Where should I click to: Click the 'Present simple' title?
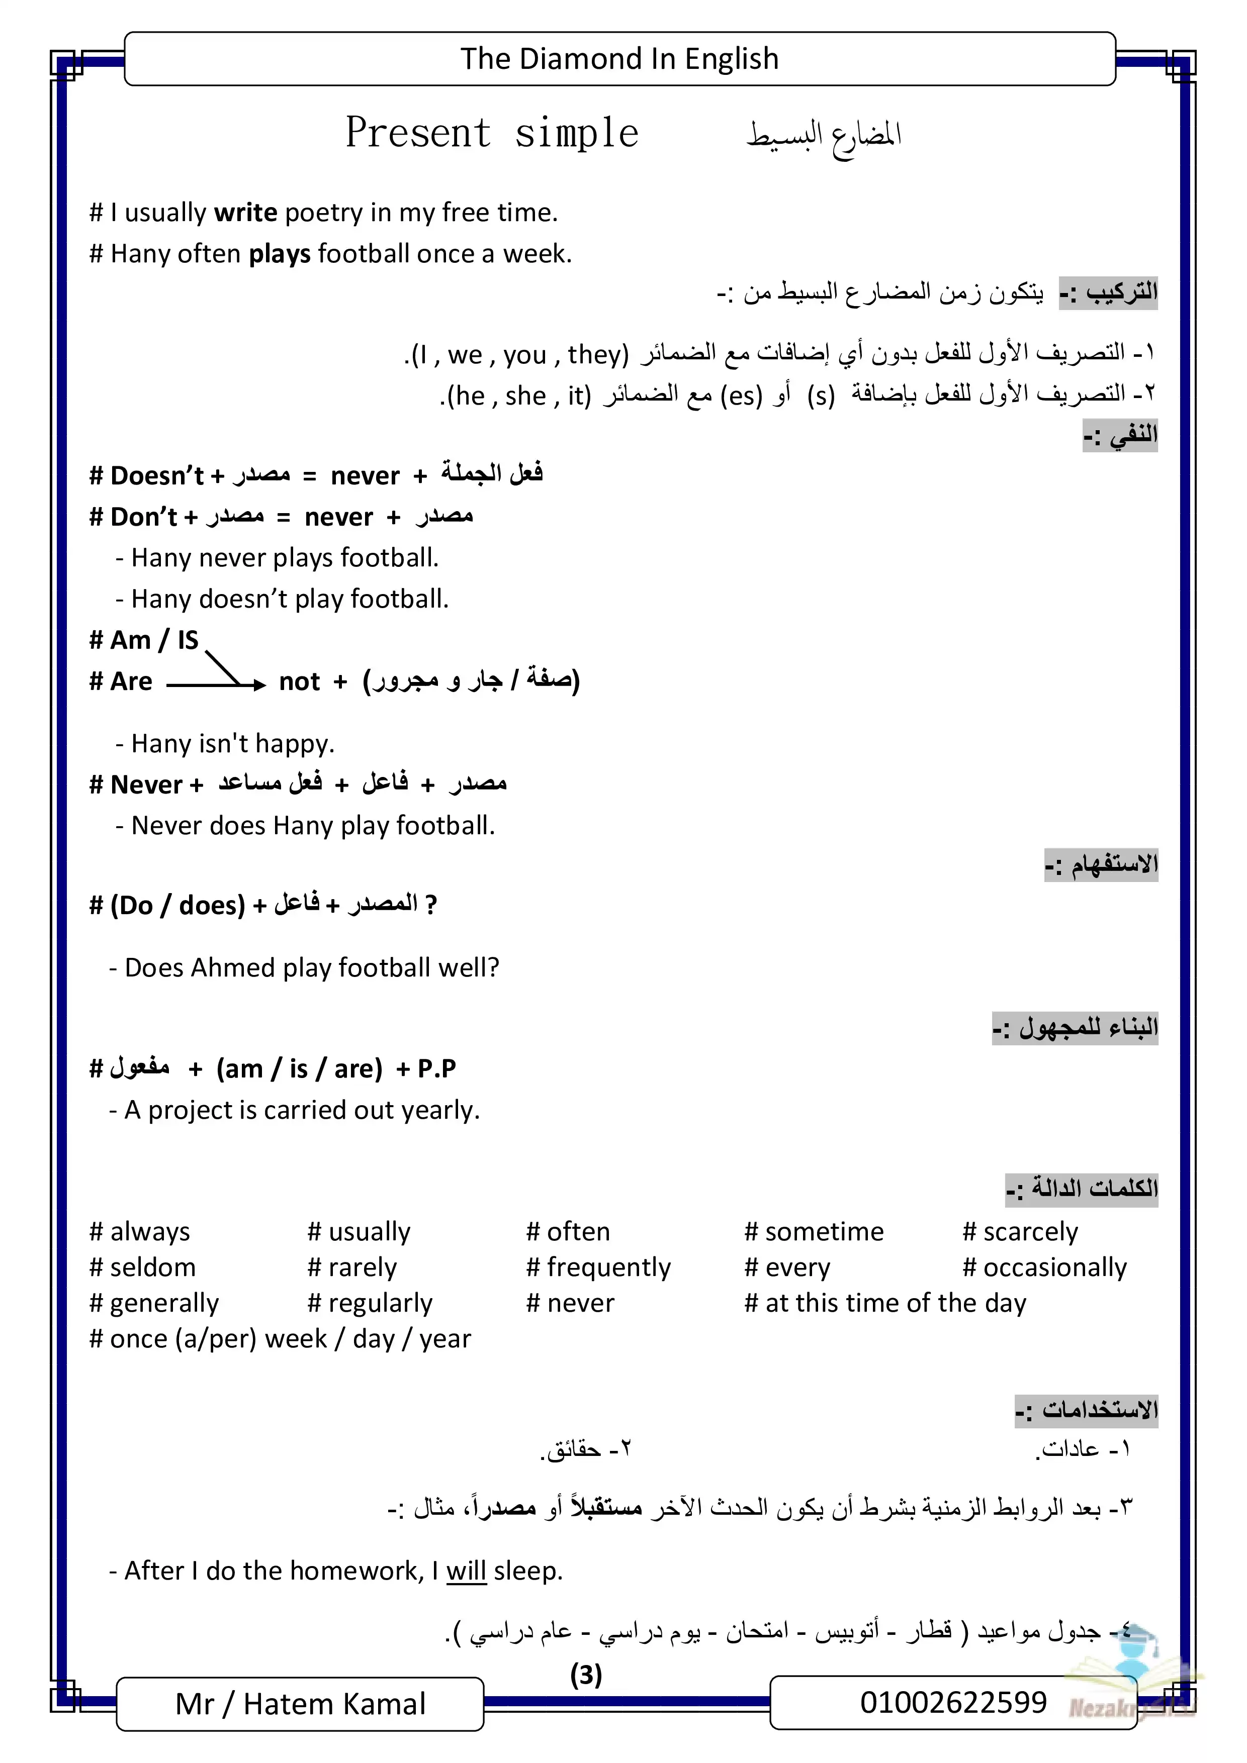pos(492,133)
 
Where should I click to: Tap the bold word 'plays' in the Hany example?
pos(280,254)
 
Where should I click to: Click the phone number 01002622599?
pos(953,1702)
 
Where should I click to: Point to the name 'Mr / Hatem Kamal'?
pos(300,1704)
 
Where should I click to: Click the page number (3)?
pos(585,1674)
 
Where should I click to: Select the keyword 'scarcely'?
pos(1030,1232)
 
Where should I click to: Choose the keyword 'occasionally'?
pos(1054,1268)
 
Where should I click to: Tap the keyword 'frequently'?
pos(608,1268)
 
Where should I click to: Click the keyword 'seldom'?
pos(153,1268)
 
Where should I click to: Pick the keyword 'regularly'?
pos(380,1304)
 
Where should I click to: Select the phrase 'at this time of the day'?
pos(895,1304)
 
